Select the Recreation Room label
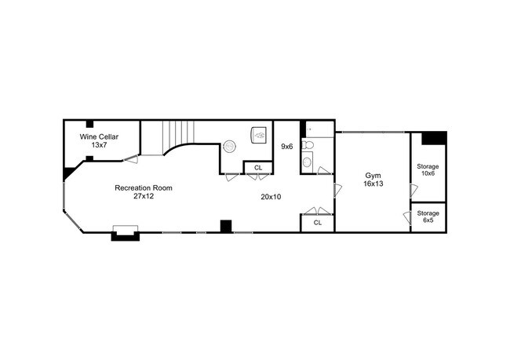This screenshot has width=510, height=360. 144,187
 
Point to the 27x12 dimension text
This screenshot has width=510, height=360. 144,196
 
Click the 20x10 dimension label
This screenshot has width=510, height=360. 271,197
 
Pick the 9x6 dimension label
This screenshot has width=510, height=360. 287,146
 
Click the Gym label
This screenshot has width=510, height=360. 373,175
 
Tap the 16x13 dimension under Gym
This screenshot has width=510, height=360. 373,184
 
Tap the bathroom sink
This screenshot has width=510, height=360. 307,163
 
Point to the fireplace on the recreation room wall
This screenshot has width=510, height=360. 126,232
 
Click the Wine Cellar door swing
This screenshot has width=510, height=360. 131,160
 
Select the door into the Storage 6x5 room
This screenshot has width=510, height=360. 406,218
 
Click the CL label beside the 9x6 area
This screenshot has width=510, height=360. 257,167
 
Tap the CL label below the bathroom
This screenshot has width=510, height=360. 317,223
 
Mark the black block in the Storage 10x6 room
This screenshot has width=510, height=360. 434,138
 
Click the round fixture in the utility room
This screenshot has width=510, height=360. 230,145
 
